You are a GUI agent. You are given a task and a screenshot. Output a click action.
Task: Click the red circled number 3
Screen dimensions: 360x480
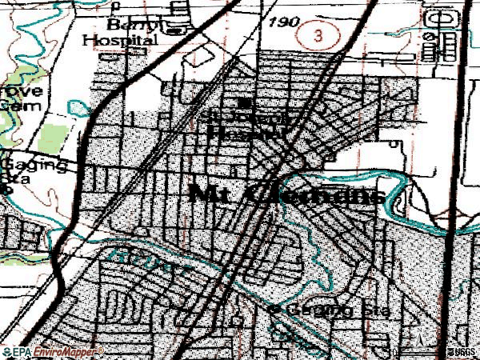[x=318, y=35]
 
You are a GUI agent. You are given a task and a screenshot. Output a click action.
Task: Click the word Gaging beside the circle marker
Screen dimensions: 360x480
[x=316, y=310]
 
